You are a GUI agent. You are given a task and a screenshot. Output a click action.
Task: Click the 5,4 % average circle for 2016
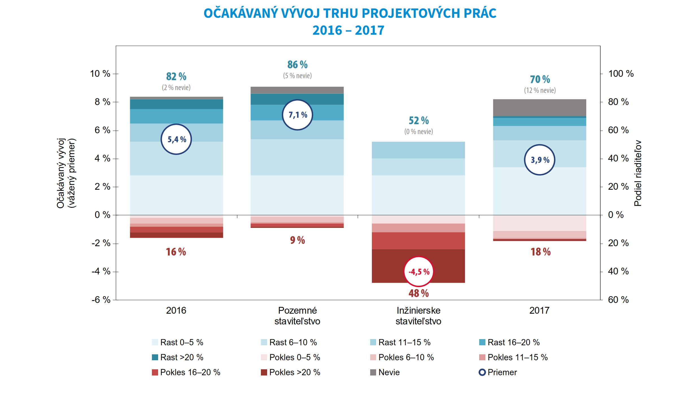(x=176, y=139)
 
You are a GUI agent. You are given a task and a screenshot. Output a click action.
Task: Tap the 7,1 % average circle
(x=297, y=115)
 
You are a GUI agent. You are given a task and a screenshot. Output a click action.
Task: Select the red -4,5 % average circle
(x=418, y=272)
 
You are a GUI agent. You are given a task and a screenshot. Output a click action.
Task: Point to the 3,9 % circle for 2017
(x=540, y=160)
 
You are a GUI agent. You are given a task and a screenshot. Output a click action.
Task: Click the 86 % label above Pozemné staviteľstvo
(x=297, y=65)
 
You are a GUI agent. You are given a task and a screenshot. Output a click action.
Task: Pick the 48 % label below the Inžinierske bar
(x=418, y=293)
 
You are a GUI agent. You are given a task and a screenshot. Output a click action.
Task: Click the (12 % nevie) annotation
(x=540, y=90)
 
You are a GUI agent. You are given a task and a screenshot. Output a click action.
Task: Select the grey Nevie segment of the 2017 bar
(x=540, y=107)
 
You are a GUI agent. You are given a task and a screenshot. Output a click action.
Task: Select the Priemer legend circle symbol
(x=482, y=372)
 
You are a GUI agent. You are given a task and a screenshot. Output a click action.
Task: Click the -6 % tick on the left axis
(x=101, y=300)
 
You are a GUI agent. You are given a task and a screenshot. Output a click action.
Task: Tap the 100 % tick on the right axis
(x=621, y=74)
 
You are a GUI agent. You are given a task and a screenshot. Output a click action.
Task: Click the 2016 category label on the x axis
(x=176, y=311)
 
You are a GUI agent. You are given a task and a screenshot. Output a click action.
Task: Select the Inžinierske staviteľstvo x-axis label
(x=418, y=316)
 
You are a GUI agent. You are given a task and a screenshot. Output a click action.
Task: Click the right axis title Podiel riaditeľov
(x=638, y=173)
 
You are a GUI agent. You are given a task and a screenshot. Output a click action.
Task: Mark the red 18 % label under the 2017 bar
(x=540, y=252)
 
